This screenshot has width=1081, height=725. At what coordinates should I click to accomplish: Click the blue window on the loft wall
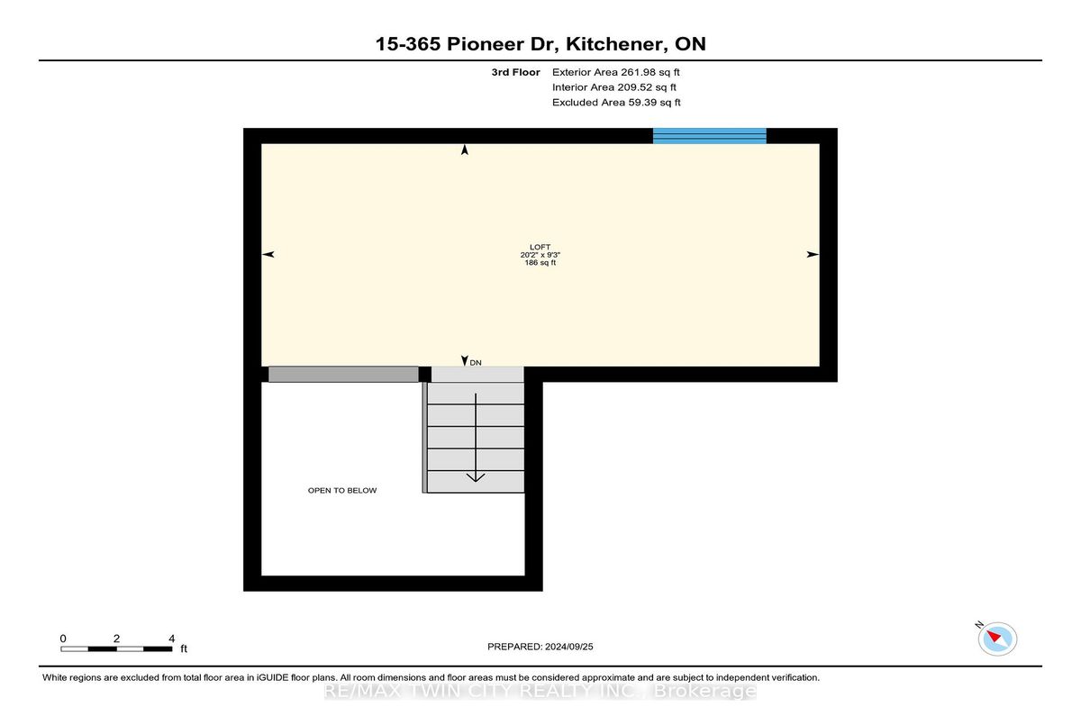coord(710,136)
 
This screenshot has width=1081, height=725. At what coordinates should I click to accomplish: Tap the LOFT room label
coord(540,247)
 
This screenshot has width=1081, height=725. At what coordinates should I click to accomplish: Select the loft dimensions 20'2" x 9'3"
coord(540,255)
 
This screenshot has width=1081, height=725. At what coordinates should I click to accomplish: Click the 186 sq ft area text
coord(540,263)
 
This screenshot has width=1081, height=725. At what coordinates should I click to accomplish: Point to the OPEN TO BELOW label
coord(342,491)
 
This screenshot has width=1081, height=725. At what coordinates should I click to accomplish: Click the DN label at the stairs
coord(476,363)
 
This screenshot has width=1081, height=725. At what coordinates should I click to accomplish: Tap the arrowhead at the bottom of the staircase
coord(476,477)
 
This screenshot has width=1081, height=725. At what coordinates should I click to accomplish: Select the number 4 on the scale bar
coord(171,639)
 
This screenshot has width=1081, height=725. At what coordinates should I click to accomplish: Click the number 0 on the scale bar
coord(63,639)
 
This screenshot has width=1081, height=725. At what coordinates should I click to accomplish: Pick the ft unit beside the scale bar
coord(184,648)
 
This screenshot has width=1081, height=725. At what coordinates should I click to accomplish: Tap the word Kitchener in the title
coord(617,44)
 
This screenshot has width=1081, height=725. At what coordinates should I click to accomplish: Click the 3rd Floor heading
coord(515,72)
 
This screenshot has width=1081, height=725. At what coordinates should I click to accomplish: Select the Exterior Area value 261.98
coord(638,72)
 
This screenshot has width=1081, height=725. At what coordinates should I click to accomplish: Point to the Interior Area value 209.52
coord(634,87)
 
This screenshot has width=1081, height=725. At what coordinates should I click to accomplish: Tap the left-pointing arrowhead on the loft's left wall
coord(268,254)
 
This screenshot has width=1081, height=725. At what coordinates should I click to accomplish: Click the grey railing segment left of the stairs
coord(343,375)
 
